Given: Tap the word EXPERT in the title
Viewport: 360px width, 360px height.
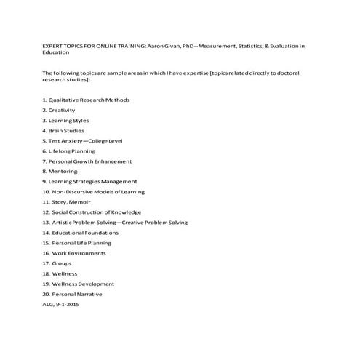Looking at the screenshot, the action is tap(53, 46).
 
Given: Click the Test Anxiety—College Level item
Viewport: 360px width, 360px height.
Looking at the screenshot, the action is tap(80, 140).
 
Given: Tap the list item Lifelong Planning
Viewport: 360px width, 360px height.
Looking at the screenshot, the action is tap(72, 151).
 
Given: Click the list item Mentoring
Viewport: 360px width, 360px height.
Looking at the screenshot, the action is tap(63, 171).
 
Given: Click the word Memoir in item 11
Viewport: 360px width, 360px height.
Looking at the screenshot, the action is tap(79, 202).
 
